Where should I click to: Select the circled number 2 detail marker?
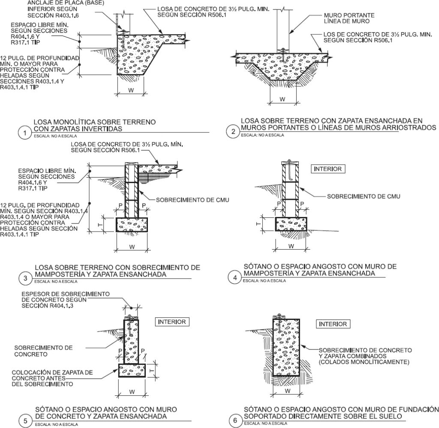click(233, 131)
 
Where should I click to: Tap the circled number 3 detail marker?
click(25, 278)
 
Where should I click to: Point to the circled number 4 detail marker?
click(235, 277)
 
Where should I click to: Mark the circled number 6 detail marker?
click(235, 421)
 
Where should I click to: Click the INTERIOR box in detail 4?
click(328, 169)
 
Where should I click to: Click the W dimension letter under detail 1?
click(132, 91)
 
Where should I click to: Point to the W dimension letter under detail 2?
click(282, 99)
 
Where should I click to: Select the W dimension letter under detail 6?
click(288, 391)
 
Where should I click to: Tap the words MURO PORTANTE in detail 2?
click(344, 15)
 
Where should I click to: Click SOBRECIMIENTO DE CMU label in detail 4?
click(364, 196)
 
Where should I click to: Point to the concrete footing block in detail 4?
click(291, 224)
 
